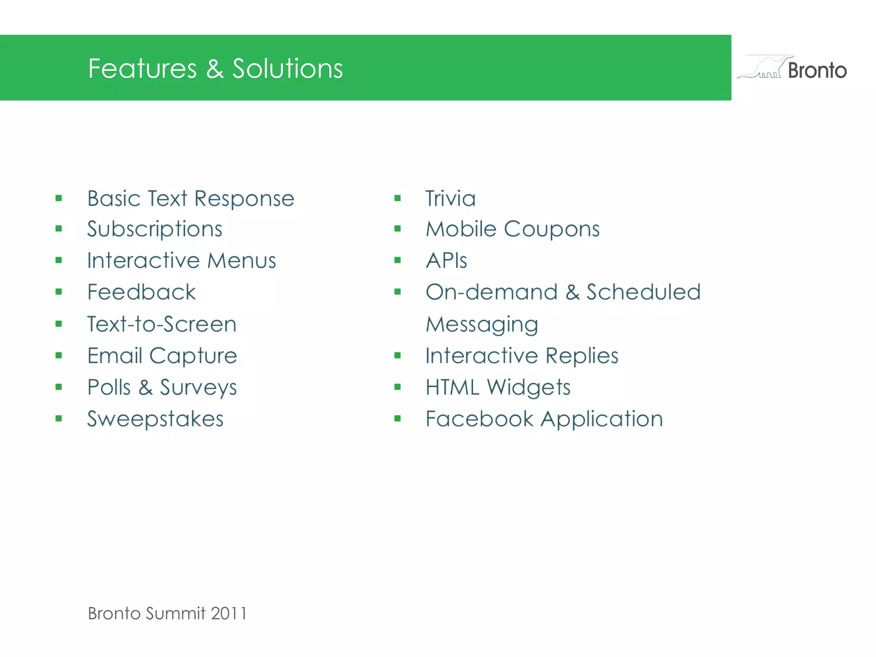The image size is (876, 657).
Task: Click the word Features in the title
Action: [x=142, y=68]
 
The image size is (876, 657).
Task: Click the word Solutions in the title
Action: [x=287, y=68]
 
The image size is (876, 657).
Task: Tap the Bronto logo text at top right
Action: [x=817, y=71]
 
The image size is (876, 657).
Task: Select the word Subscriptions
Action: [x=155, y=229]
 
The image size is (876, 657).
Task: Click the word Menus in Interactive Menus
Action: [x=242, y=260]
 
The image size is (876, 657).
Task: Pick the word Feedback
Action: [x=142, y=292]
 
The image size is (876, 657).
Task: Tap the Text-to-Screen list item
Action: [x=162, y=324]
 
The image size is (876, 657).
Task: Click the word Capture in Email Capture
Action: [x=193, y=356]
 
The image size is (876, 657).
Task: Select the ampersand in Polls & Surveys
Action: [x=145, y=388]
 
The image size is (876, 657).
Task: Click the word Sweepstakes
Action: [x=155, y=419]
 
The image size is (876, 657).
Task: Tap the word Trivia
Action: [x=450, y=198]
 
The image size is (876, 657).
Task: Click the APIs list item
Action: [x=447, y=260]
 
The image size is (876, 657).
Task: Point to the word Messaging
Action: [x=482, y=324]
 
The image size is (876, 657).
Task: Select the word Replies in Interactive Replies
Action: [x=582, y=356]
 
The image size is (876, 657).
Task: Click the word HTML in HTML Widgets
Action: [x=452, y=388]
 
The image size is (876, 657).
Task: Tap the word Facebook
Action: [x=479, y=419]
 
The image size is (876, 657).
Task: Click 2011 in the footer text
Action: [x=228, y=613]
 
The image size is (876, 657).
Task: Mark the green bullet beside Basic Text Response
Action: [x=59, y=198]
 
